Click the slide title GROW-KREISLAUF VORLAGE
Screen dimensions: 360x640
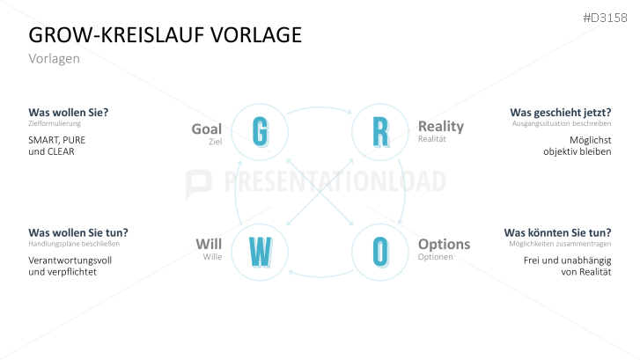[166, 34]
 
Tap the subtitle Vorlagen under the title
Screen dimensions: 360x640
[55, 58]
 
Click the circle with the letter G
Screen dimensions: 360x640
[260, 132]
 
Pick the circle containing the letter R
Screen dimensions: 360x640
[379, 132]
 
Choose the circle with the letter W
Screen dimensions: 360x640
[260, 252]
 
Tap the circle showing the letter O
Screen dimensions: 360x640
[379, 252]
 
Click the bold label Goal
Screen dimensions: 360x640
[206, 129]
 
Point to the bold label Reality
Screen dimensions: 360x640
[440, 127]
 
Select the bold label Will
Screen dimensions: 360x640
[209, 244]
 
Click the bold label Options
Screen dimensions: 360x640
[444, 244]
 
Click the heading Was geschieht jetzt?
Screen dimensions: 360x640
[560, 113]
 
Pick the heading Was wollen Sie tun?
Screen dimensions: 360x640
[78, 232]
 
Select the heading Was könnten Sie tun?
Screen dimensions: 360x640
[557, 232]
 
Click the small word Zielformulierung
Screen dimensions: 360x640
[49, 124]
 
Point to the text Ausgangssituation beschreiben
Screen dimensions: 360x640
[562, 124]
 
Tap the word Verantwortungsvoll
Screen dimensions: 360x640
[70, 260]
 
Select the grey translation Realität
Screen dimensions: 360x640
[432, 139]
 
